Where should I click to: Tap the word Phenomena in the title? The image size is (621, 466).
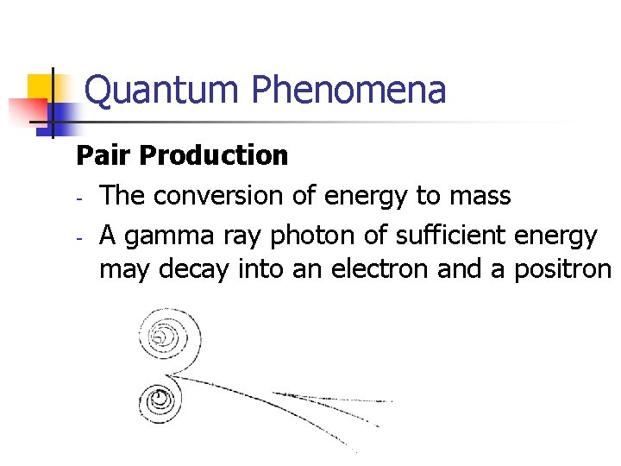348,90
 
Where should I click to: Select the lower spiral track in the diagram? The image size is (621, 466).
160,399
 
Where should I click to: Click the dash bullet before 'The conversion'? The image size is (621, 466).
78,198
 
